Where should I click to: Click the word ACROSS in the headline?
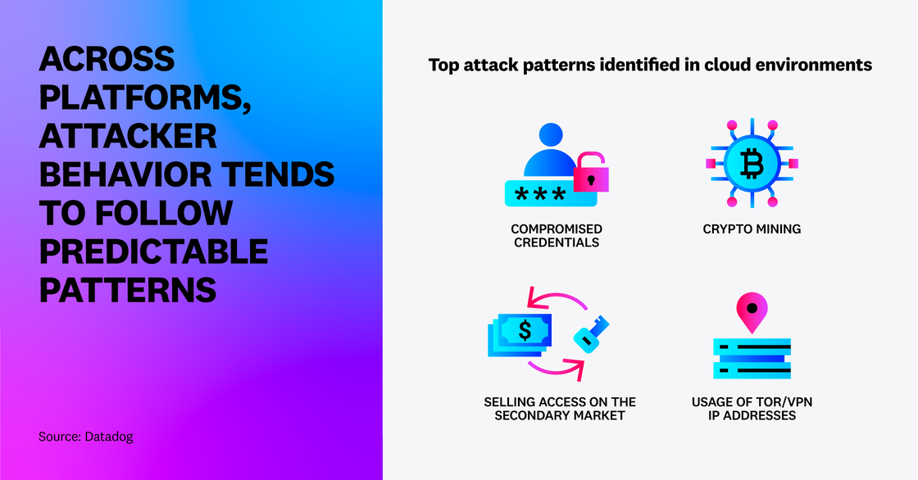(x=107, y=59)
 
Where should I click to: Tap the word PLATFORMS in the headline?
(x=140, y=97)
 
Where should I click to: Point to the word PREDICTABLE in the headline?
(x=153, y=251)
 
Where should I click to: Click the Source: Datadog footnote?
(x=85, y=437)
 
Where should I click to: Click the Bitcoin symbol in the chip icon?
(x=751, y=164)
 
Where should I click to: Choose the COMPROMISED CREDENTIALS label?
(x=556, y=235)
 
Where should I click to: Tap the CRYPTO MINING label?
(x=752, y=229)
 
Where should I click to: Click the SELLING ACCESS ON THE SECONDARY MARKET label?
(x=560, y=409)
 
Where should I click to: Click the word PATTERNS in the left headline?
(x=127, y=290)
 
